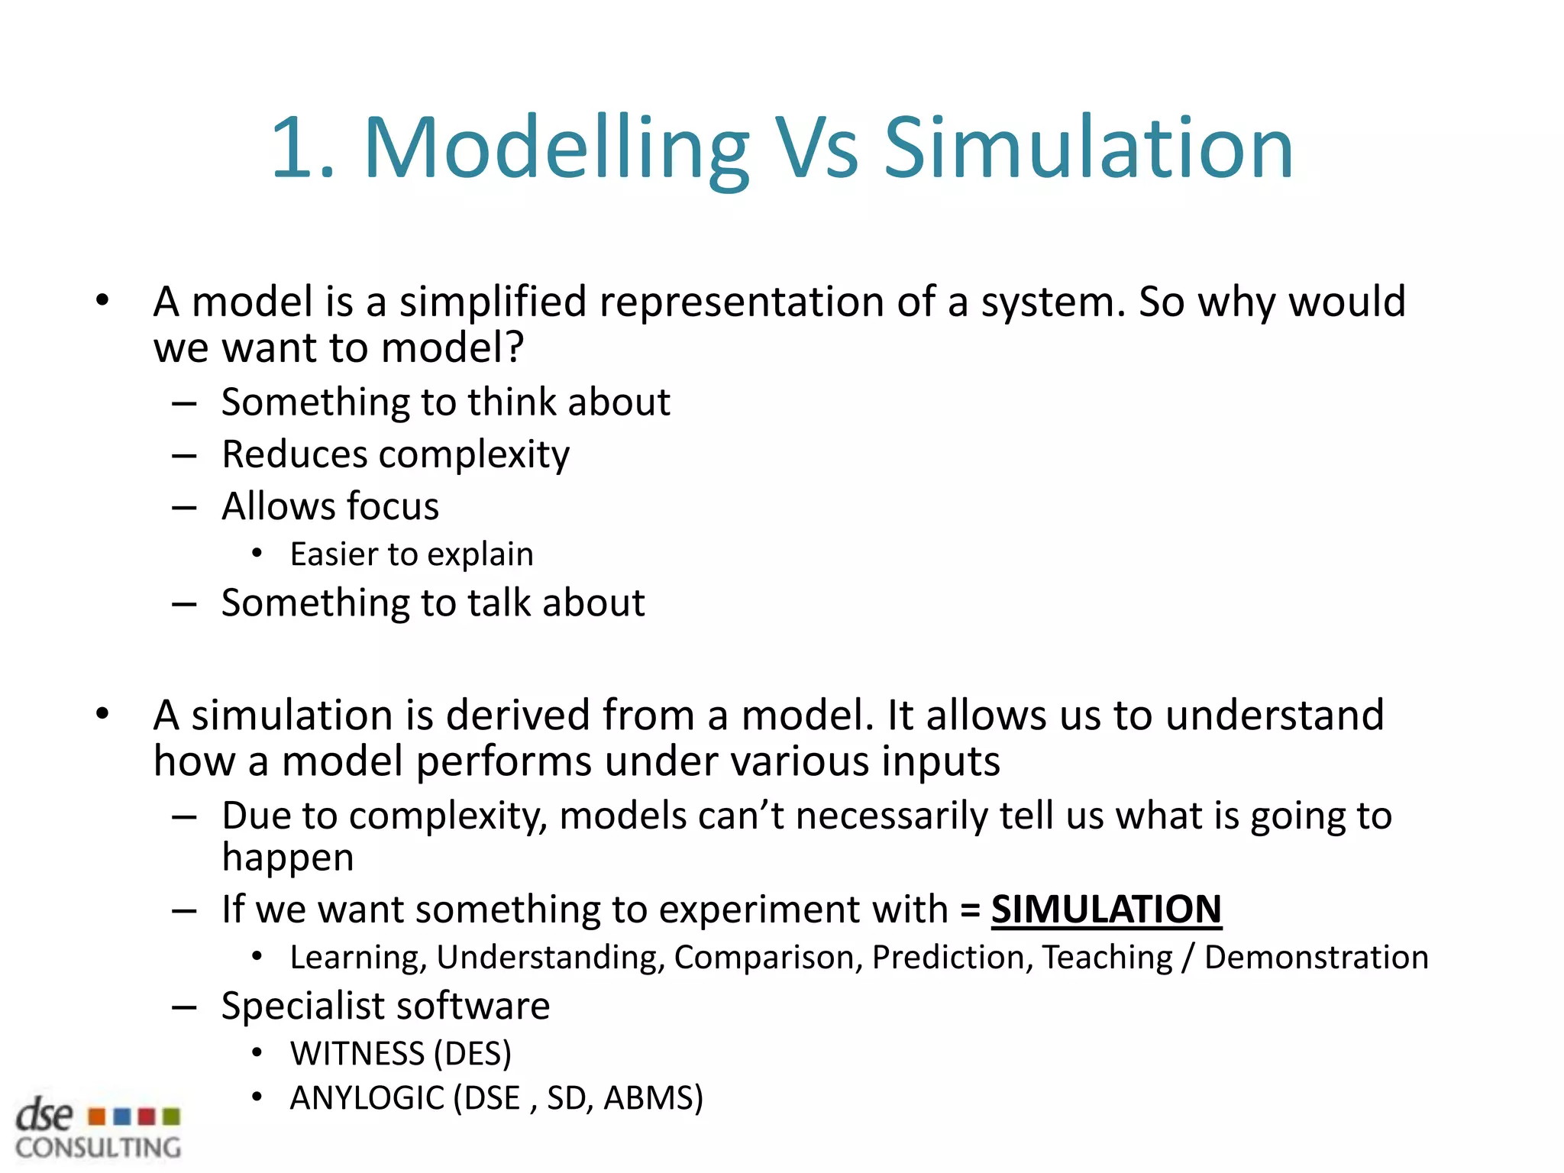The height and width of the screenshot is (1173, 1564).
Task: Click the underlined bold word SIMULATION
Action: [1106, 910]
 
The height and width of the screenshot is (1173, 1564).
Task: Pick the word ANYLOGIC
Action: [367, 1098]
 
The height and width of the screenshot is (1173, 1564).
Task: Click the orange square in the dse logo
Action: [97, 1117]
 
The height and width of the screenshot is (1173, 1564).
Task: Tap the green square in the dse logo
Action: [172, 1117]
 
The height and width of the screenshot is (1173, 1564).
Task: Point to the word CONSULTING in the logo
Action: [99, 1148]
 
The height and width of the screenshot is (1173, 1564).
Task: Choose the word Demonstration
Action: [1316, 958]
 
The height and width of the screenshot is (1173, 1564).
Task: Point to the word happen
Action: [288, 858]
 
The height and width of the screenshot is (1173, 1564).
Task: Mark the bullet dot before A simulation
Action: [102, 714]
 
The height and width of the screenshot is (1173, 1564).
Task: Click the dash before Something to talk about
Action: [184, 604]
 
